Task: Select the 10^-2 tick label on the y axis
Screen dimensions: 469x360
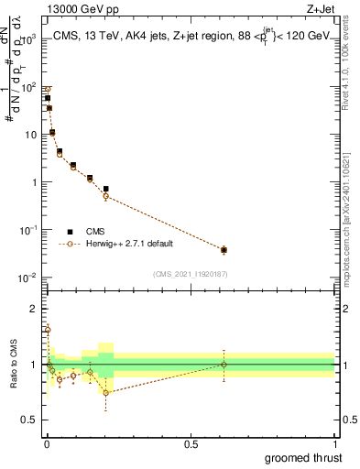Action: coord(31,278)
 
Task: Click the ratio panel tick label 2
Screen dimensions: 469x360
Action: coord(34,308)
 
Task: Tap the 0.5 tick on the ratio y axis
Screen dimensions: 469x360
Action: coord(30,420)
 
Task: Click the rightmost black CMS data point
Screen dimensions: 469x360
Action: coord(224,249)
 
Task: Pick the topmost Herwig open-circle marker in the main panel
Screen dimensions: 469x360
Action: coord(48,90)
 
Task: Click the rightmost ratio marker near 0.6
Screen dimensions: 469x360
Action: coord(224,365)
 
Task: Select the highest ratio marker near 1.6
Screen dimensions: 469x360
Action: coord(48,329)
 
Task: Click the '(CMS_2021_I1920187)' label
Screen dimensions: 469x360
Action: coord(190,274)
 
